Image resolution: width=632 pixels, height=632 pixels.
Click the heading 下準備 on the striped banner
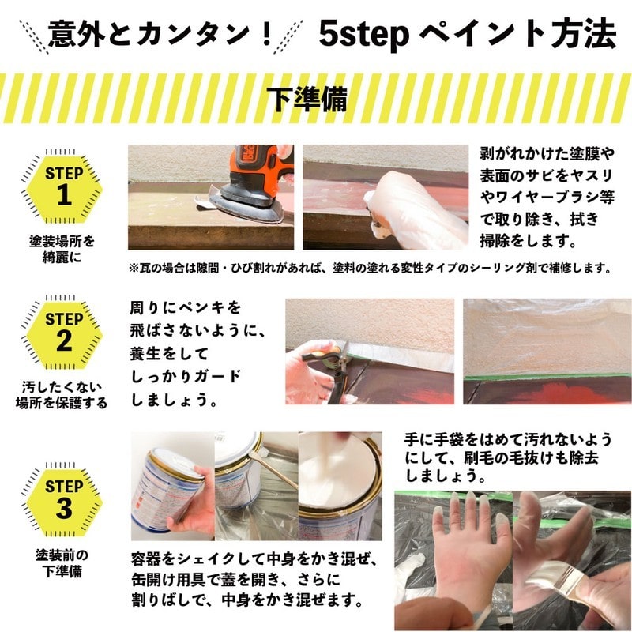coord(316,99)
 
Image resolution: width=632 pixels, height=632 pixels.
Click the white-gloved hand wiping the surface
coord(411,207)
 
